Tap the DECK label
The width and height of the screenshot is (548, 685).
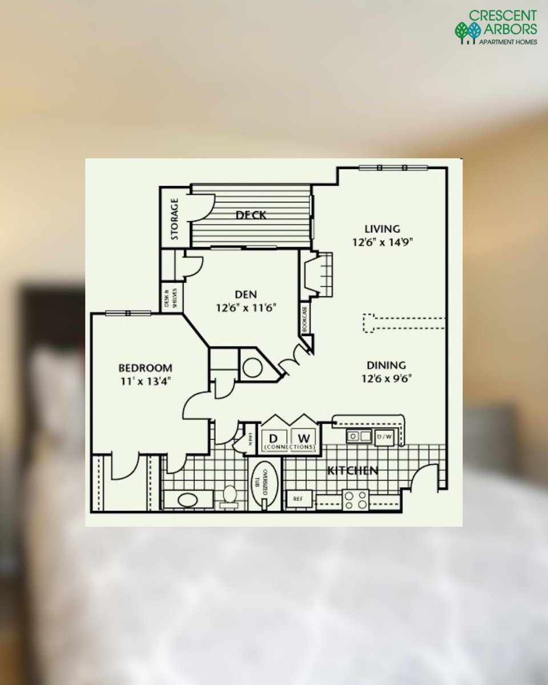(251, 215)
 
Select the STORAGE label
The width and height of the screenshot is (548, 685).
(175, 219)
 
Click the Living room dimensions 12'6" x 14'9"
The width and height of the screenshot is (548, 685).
(382, 241)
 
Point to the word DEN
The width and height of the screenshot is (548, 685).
(245, 295)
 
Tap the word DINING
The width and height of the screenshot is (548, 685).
(386, 365)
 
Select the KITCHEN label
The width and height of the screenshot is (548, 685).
(352, 471)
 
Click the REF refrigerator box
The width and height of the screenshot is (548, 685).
(299, 498)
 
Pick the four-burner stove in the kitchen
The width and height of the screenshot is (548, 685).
(355, 499)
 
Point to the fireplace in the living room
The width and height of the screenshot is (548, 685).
(317, 275)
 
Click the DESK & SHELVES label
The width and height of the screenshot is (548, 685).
(171, 297)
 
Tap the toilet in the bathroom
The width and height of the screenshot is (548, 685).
(230, 494)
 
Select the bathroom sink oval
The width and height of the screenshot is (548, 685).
(187, 500)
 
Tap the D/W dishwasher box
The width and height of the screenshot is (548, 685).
(385, 437)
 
